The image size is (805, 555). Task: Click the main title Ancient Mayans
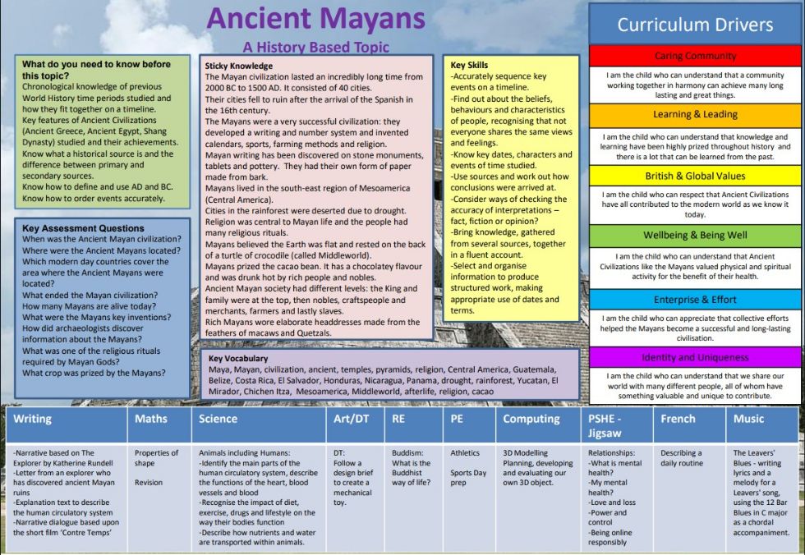click(315, 19)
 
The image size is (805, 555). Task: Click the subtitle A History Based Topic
click(315, 47)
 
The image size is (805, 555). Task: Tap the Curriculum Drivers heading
click(695, 25)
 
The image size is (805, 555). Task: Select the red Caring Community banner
click(695, 56)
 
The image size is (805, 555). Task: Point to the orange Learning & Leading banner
click(695, 114)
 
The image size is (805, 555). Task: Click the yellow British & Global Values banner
click(695, 176)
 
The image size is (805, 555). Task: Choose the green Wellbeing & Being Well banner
click(695, 236)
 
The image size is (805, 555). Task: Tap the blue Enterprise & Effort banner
click(695, 300)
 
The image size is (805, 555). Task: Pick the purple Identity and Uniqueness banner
click(695, 357)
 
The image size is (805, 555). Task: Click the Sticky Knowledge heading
click(239, 67)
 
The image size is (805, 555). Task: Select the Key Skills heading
click(469, 65)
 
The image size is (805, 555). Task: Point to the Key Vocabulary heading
click(238, 359)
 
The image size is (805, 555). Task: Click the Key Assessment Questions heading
click(83, 228)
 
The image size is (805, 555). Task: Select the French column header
click(678, 419)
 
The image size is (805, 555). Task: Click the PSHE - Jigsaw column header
click(605, 426)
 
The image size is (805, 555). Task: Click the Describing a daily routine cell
click(681, 458)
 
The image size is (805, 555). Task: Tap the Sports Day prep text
click(468, 478)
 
